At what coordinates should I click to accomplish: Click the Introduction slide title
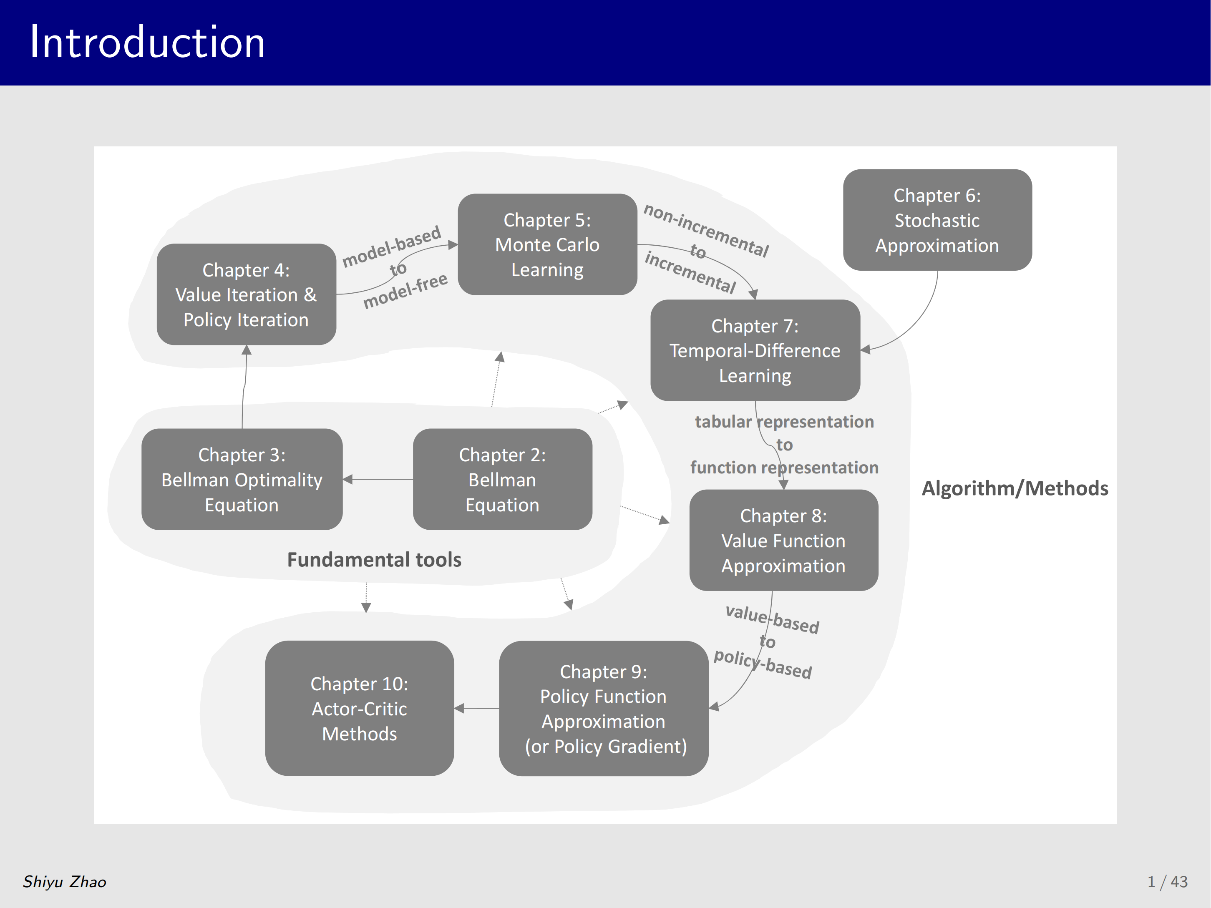[147, 42]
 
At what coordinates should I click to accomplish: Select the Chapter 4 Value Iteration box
[247, 294]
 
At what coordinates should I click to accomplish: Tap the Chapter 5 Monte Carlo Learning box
[547, 245]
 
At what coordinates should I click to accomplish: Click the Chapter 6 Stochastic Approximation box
[937, 220]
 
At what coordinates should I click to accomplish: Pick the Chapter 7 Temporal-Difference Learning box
[755, 350]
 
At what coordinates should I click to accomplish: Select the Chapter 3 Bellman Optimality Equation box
[242, 480]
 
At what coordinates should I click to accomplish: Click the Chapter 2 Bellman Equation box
[503, 480]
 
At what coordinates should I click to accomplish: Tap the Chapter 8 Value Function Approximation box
[783, 540]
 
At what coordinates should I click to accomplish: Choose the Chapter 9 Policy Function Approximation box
[604, 709]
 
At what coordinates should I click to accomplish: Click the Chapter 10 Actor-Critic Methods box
[360, 709]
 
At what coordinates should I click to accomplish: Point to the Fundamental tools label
[375, 560]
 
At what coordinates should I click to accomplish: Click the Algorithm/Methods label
[1015, 488]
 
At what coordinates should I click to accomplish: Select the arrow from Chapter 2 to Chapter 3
[378, 480]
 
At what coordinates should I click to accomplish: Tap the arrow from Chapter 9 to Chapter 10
[476, 709]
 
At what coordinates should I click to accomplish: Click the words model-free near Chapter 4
[405, 291]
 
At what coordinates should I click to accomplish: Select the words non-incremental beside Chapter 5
[706, 230]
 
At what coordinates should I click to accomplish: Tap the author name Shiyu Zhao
[65, 882]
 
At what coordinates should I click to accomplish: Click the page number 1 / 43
[1168, 882]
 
